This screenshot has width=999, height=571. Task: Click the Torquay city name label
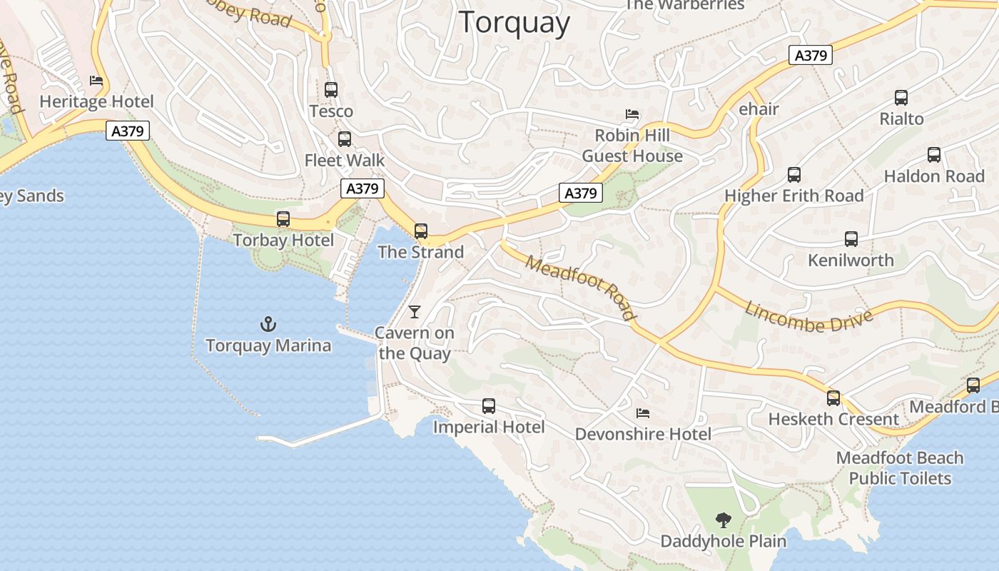pos(514,23)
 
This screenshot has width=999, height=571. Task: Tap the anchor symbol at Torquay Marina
pos(268,325)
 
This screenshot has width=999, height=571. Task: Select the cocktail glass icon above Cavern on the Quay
pos(414,312)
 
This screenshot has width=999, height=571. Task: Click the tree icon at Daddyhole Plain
pos(723,520)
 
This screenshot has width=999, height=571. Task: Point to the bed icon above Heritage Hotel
pos(96,81)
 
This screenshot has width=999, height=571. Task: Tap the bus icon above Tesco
pos(331,90)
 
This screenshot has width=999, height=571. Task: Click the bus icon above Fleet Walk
pos(345,139)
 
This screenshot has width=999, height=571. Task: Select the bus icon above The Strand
pos(421,231)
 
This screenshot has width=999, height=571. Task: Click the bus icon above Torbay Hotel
pos(283,219)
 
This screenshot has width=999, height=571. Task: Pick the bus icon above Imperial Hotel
pos(489,406)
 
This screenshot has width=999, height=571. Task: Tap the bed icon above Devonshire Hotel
pos(643,413)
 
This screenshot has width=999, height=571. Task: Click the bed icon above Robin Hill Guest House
pos(632,114)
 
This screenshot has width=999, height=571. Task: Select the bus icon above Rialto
pos(901,98)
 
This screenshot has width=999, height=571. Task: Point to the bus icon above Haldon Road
pos(934,155)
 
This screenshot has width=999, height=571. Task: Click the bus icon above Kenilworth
pos(851,239)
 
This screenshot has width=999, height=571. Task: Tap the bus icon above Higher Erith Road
pos(794,175)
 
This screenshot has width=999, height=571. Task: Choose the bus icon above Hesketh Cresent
pos(833,398)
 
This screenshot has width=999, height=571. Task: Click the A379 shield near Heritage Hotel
pos(128,131)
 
